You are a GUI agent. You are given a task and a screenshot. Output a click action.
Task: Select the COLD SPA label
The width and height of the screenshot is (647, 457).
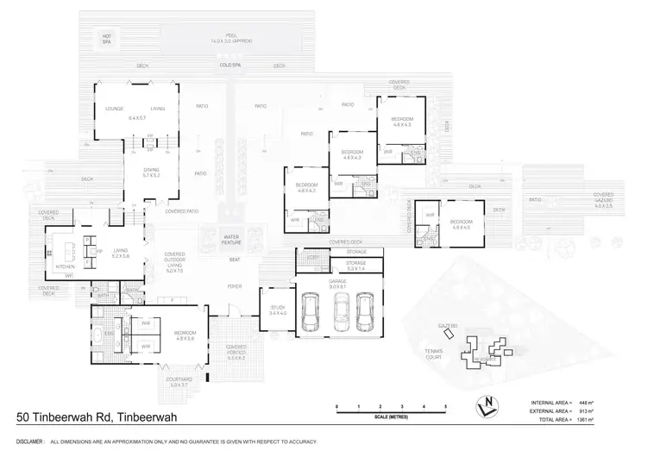pos(229,66)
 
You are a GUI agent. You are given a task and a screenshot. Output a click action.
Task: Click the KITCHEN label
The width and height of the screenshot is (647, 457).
pos(66,266)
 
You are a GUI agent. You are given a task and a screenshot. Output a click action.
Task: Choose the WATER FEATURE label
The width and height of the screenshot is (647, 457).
pos(230,238)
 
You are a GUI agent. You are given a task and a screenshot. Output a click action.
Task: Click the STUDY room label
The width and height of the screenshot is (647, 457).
pos(278,310)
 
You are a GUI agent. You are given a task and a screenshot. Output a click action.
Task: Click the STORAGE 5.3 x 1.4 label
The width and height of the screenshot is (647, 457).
pos(356,265)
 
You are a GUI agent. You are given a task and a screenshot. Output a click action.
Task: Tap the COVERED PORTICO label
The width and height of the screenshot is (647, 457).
pos(236,352)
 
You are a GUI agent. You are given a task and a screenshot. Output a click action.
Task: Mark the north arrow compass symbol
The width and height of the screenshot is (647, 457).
pos(488,405)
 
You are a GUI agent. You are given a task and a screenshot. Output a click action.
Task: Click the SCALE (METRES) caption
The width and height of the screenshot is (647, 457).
pos(392,417)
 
